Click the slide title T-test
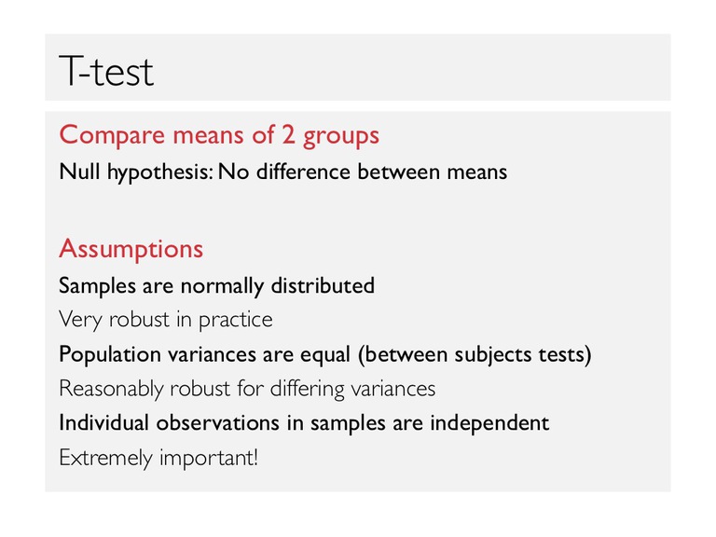tap(106, 71)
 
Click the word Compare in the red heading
tap(112, 135)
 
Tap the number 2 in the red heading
tap(288, 134)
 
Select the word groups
tap(341, 137)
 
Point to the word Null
tap(79, 172)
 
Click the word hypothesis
tap(160, 173)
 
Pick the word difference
tap(303, 172)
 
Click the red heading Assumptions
tap(131, 249)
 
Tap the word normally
tap(223, 287)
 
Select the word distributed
tap(323, 286)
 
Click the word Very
tap(80, 320)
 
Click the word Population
tap(110, 355)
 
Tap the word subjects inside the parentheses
tap(493, 355)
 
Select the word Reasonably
tap(112, 390)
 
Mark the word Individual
tap(104, 423)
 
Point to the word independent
tap(489, 424)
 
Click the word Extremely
tap(106, 458)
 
